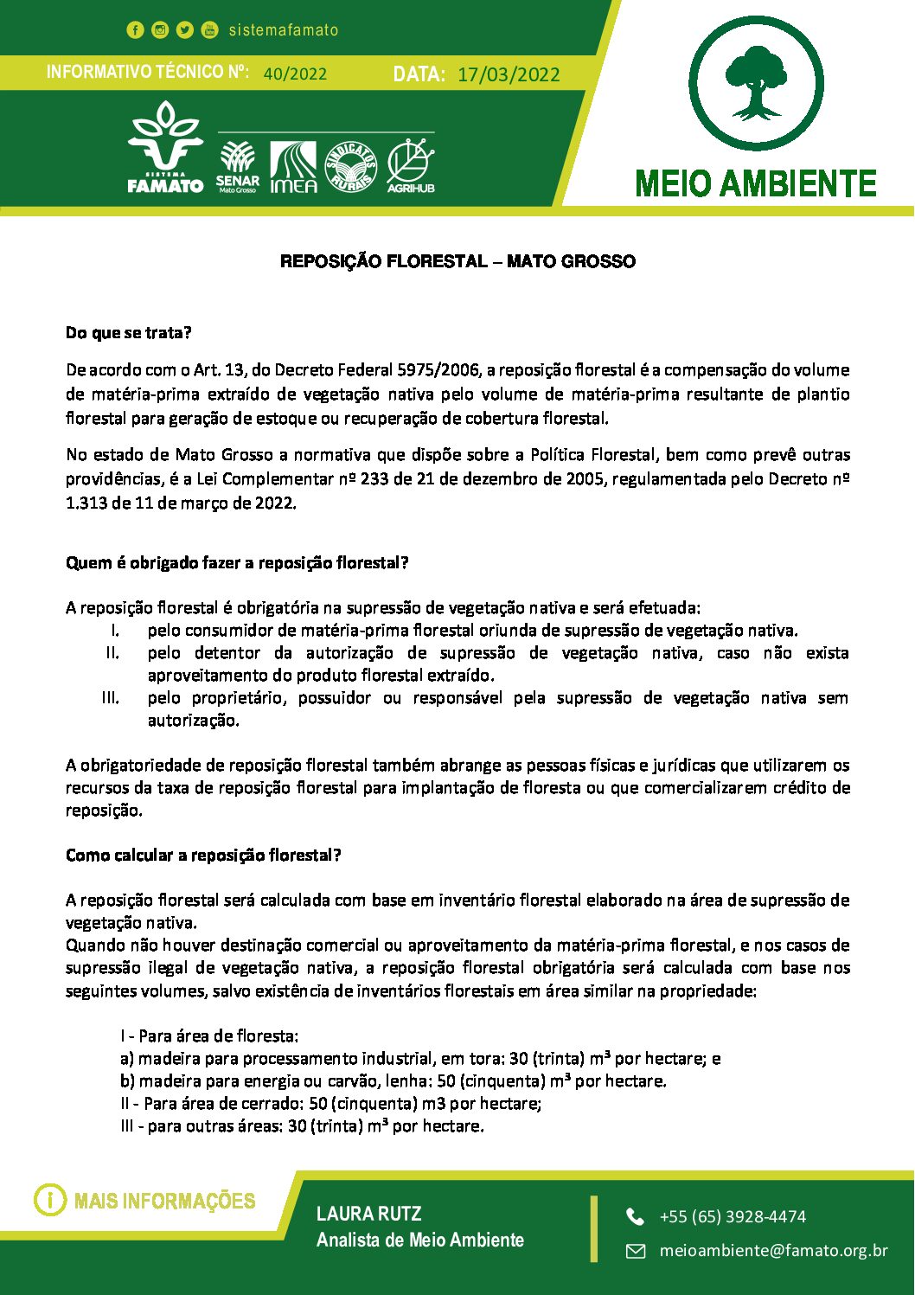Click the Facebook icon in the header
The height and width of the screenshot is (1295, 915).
click(x=135, y=30)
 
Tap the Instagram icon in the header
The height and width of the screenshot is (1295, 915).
click(x=160, y=30)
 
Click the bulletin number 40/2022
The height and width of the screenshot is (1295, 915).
click(x=295, y=74)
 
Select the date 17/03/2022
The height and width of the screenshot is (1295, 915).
click(x=509, y=74)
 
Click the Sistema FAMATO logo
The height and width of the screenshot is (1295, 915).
click(x=165, y=148)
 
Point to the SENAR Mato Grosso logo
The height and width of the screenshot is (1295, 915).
click(x=237, y=167)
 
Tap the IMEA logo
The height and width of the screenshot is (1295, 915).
click(x=293, y=167)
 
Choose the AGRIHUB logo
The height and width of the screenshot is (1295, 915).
click(x=411, y=165)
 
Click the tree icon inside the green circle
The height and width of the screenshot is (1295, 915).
click(x=757, y=83)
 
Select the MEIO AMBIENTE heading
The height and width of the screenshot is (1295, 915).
click(x=756, y=183)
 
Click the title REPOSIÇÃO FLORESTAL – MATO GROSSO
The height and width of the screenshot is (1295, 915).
click(x=457, y=261)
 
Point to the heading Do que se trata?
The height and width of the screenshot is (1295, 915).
click(x=129, y=333)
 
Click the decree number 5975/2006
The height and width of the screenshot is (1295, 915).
click(x=438, y=370)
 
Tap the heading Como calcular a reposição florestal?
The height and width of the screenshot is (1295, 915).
click(x=203, y=856)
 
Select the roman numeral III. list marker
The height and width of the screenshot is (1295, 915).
click(x=110, y=698)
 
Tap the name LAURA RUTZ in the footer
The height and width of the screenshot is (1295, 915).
click(x=369, y=1214)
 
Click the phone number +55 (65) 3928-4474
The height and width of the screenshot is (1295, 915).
click(x=733, y=1216)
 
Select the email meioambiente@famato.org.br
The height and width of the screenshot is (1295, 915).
click(x=773, y=1250)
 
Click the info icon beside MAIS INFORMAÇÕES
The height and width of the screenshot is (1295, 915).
click(x=50, y=1200)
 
